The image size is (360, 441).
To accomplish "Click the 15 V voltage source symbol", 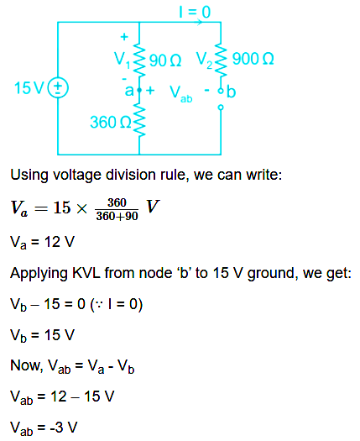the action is click(58, 87).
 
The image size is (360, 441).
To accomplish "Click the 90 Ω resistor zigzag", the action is click(139, 60).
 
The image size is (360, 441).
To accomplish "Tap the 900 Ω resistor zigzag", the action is click(221, 60).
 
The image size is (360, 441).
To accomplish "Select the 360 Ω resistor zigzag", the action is click(139, 120).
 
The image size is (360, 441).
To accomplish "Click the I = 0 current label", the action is click(195, 13).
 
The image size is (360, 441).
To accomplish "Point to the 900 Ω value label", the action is click(253, 59).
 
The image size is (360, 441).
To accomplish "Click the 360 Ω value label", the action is click(111, 122).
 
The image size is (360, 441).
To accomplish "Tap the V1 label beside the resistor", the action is click(123, 60).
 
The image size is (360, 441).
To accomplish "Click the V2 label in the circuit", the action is click(204, 60).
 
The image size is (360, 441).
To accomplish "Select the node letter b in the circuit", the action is click(231, 92).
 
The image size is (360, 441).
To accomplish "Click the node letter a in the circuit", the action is click(129, 91).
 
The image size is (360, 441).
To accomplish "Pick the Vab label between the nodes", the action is click(180, 94).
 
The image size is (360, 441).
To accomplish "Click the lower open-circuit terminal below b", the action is click(221, 108).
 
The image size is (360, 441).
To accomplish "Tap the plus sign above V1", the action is click(124, 37).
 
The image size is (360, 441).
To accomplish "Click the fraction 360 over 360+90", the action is click(117, 209).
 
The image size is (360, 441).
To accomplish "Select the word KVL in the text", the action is click(86, 273).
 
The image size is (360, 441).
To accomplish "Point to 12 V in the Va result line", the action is click(60, 242).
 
